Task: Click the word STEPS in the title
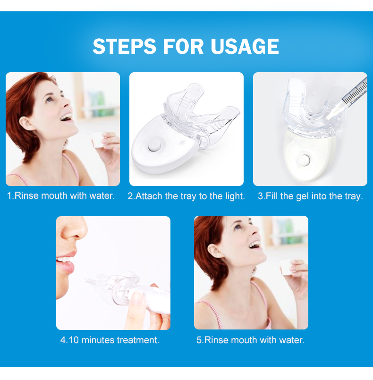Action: click(124, 46)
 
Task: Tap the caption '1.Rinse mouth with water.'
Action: click(61, 195)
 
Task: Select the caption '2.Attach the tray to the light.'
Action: click(186, 196)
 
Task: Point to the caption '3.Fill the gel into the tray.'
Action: click(310, 196)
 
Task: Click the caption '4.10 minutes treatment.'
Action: click(110, 340)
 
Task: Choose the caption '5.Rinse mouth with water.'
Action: click(250, 340)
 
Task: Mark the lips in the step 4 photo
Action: click(66, 262)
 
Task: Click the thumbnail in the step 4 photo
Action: click(136, 298)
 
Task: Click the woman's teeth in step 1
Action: click(66, 117)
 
